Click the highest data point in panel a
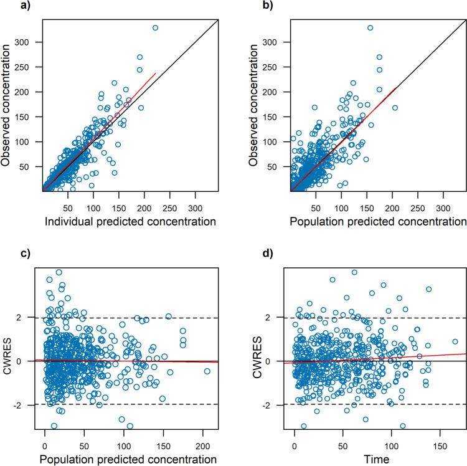(x=155, y=27)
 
